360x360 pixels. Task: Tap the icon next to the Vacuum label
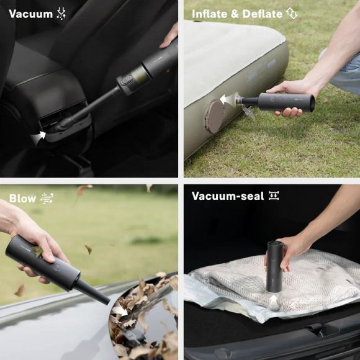click(x=61, y=14)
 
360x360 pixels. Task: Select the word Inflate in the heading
click(x=210, y=14)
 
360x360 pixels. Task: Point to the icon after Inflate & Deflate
click(x=292, y=14)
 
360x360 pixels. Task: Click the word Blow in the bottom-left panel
click(x=22, y=199)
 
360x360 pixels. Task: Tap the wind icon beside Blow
click(x=47, y=199)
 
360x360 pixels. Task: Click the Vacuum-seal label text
click(x=227, y=196)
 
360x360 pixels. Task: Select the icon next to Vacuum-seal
click(x=273, y=196)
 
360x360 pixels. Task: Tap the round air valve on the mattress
click(x=214, y=115)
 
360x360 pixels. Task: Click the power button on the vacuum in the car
click(x=126, y=79)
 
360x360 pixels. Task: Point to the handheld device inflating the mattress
click(x=282, y=102)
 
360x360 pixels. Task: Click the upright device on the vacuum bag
click(x=275, y=266)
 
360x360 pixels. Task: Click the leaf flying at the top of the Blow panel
click(x=83, y=190)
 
